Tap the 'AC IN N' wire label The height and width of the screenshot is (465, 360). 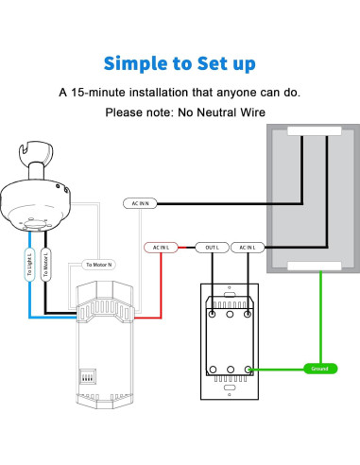pos(140,203)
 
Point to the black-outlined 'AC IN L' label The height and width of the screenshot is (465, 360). pos(248,248)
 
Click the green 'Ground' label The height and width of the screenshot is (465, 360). pos(320,368)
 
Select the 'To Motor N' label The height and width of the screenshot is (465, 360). pos(98,265)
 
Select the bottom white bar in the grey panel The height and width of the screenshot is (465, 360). pos(303,267)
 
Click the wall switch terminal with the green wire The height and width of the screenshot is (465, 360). pos(248,369)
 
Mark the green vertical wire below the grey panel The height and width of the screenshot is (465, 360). pos(321,312)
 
